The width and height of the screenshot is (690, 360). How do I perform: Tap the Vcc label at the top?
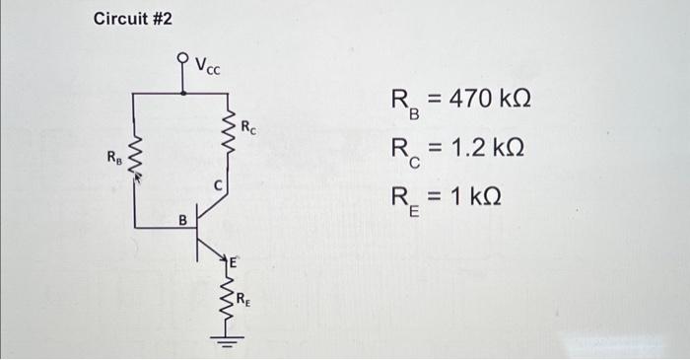coord(208,66)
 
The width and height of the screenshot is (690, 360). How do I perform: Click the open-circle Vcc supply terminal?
coord(182,58)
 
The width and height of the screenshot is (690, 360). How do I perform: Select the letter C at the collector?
coord(223,183)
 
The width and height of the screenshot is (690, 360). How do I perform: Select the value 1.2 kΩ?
coord(483,148)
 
